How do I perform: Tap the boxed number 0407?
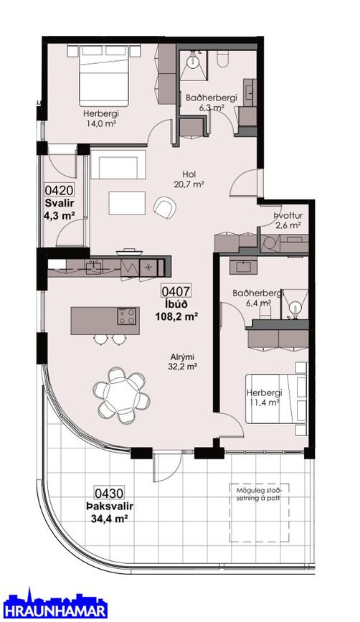tap(176, 291)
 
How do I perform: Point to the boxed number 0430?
tap(108, 494)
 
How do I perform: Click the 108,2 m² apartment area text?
tap(176, 317)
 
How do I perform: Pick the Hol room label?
tap(189, 174)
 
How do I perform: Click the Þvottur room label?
tap(288, 216)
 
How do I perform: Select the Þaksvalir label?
tap(109, 506)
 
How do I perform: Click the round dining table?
tap(122, 395)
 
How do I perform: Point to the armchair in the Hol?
tap(164, 207)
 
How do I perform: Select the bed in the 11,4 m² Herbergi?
tap(276, 398)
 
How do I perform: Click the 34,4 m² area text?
tap(108, 518)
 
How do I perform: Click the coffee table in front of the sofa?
tap(127, 203)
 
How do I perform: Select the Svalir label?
tap(60, 204)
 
